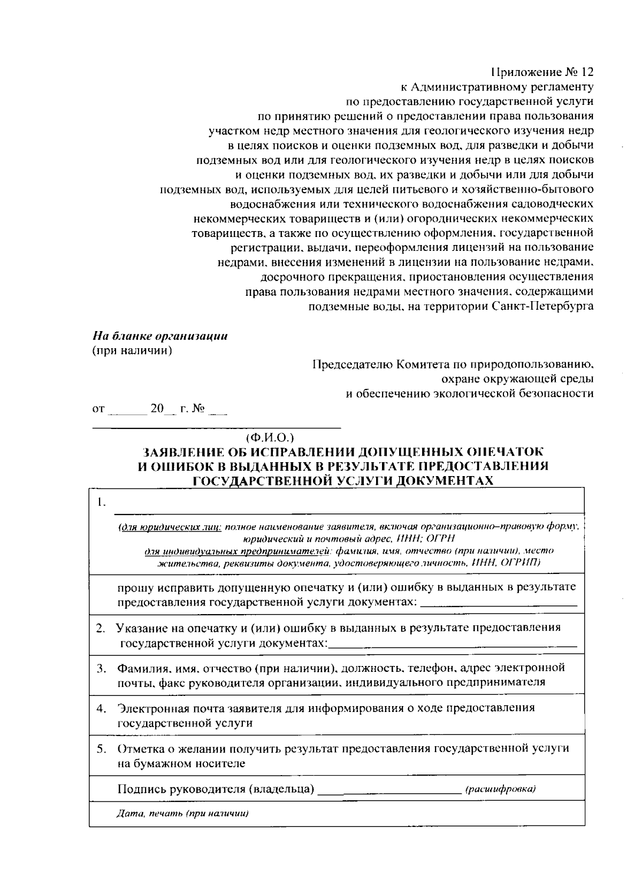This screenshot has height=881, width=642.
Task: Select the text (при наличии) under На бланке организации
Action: pos(132,351)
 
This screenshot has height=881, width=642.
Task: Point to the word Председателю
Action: pos(352,365)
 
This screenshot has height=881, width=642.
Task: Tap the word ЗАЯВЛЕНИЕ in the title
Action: pos(196,451)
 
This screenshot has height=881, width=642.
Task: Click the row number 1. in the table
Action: pos(101,502)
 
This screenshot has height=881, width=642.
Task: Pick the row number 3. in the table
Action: pos(101,668)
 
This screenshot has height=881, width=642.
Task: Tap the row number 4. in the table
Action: pos(101,708)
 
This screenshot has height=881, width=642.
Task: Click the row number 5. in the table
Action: pos(101,748)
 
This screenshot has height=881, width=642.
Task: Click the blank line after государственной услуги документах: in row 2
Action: pos(453,646)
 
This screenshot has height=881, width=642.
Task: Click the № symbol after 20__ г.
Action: pos(198,409)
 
